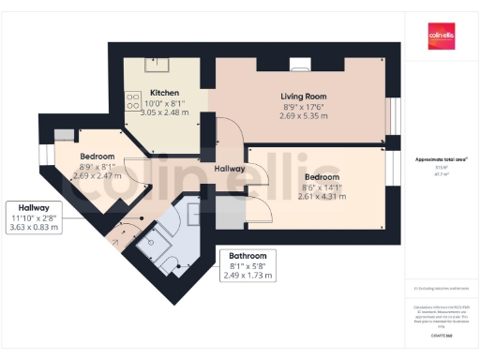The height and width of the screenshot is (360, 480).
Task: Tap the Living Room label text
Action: (x=304, y=97)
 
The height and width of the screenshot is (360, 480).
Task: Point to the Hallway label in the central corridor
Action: (x=229, y=169)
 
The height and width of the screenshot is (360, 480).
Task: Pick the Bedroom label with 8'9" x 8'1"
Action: (x=97, y=155)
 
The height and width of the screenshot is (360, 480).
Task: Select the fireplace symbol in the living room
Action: (x=300, y=65)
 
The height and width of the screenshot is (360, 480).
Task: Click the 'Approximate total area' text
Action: (x=440, y=159)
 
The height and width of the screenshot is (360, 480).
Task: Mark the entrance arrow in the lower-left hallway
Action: (x=115, y=241)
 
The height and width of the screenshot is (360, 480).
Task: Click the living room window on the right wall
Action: (x=393, y=103)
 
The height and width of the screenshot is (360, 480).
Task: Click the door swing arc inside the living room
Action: (x=228, y=131)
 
